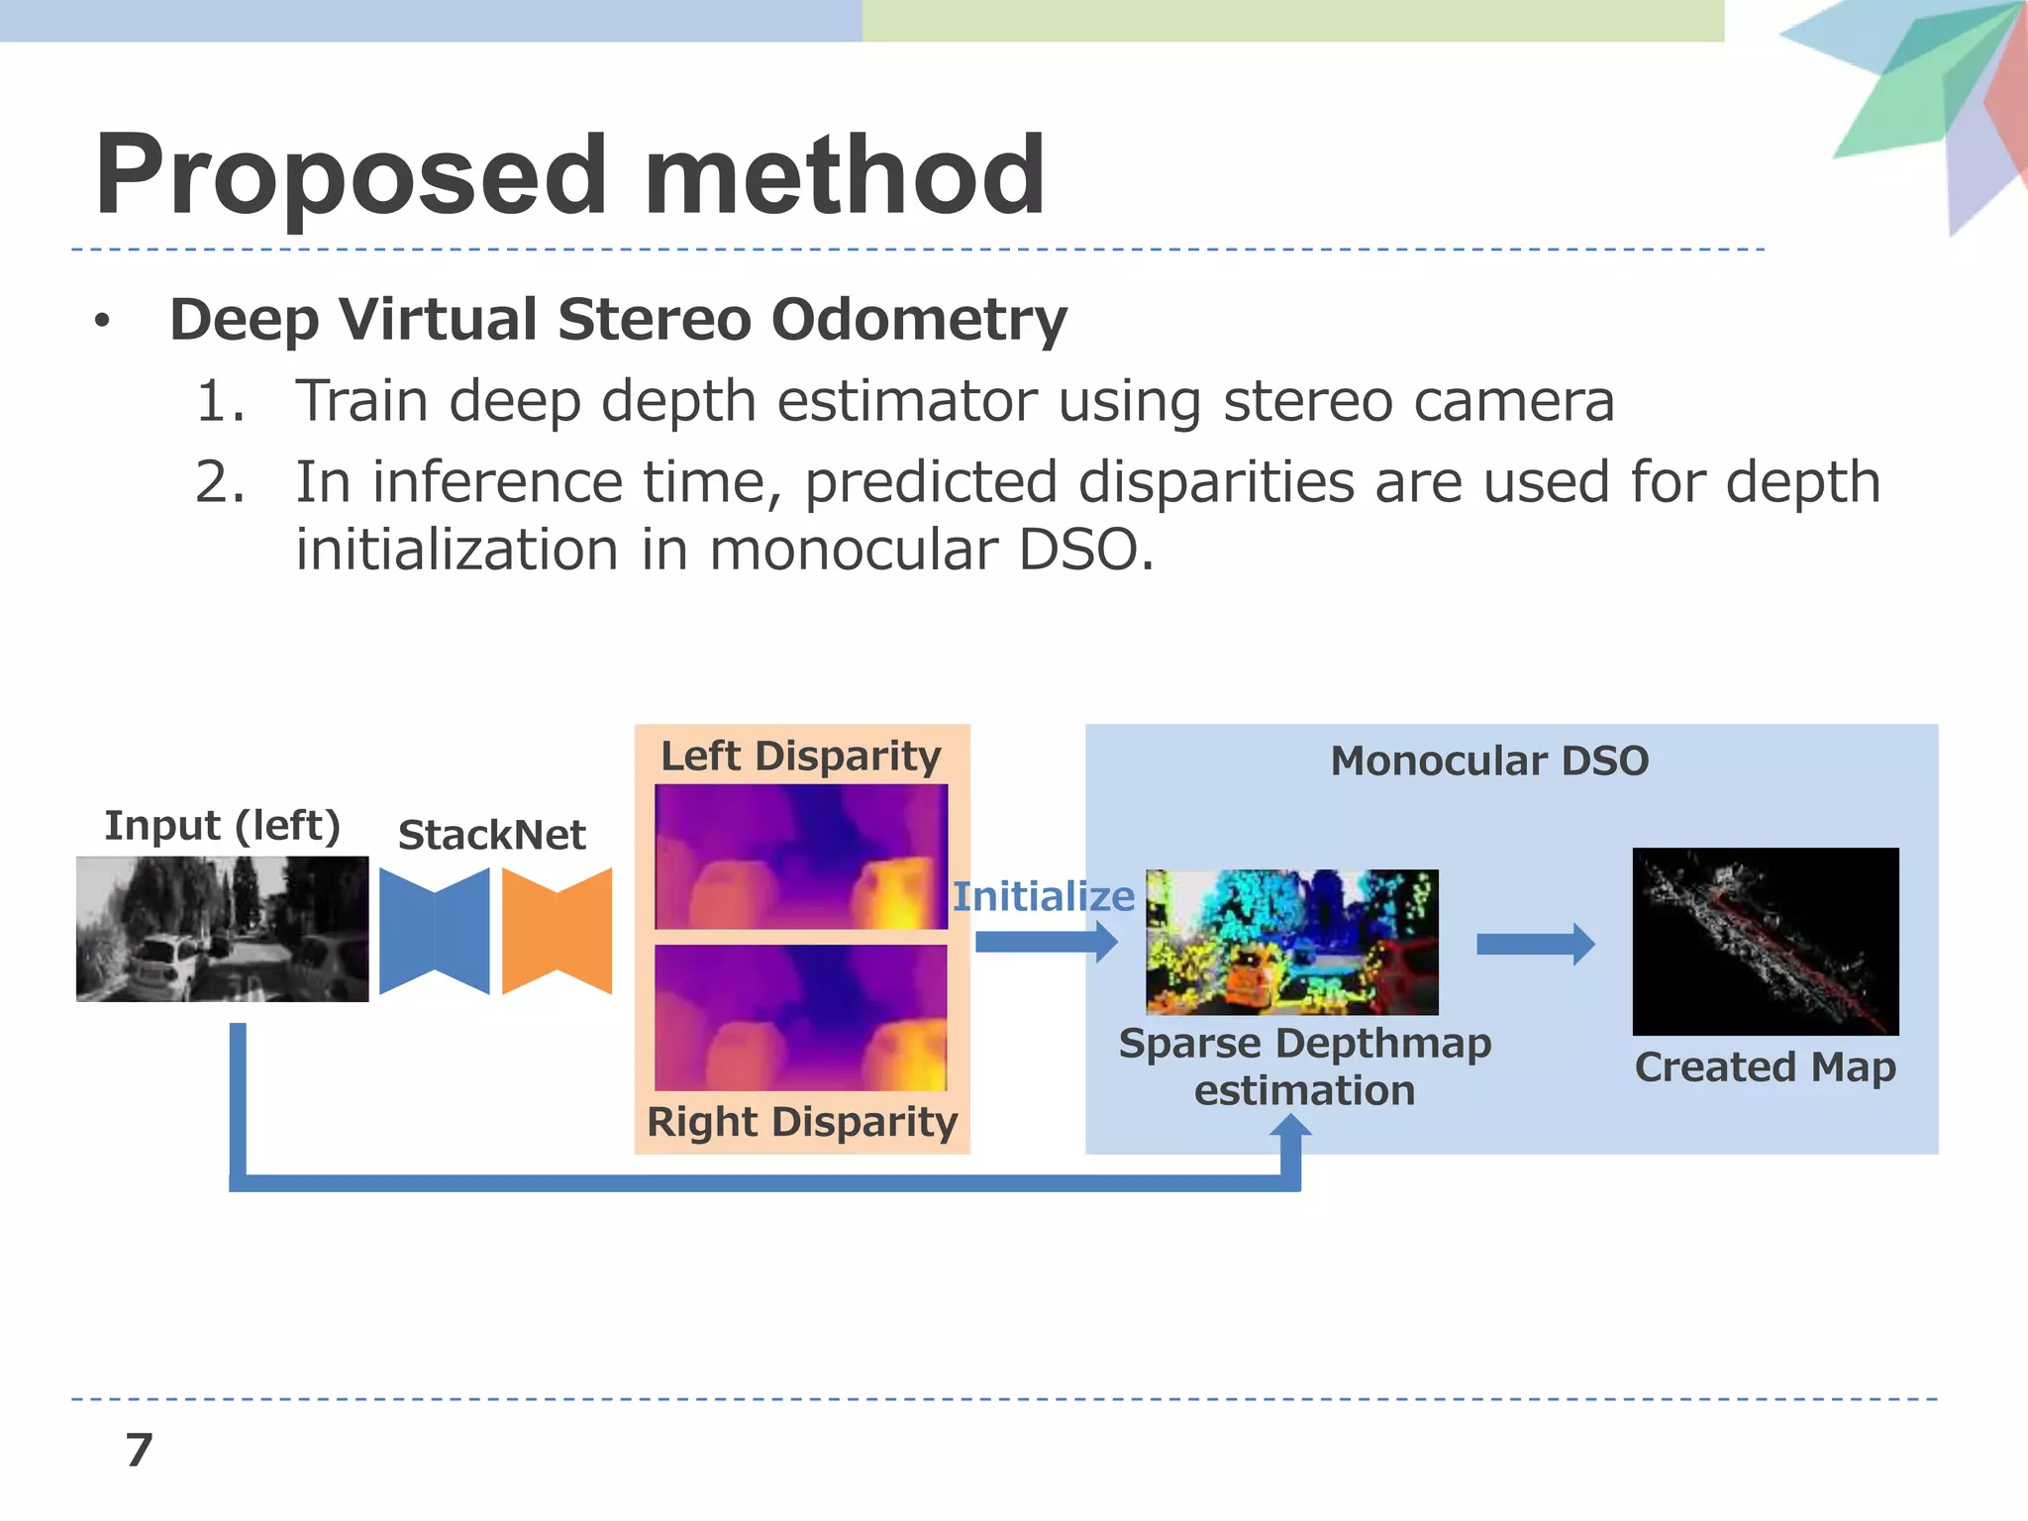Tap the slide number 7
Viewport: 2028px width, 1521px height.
pos(139,1451)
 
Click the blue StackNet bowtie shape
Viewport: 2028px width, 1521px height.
pos(434,931)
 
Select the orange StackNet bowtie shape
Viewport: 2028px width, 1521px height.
pos(557,931)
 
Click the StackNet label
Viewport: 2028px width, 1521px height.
pos(491,835)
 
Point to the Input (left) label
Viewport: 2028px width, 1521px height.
pos(222,825)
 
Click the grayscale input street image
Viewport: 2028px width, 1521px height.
pos(222,929)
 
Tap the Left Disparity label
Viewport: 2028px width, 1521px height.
pos(800,756)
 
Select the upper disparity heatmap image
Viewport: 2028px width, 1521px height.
pos(800,857)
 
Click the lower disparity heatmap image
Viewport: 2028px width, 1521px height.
pos(800,1017)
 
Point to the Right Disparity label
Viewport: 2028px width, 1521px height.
pos(801,1122)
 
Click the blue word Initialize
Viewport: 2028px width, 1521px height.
pos(1043,896)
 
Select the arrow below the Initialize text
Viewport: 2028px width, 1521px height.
pos(1046,942)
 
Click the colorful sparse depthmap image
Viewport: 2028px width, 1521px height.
pos(1291,942)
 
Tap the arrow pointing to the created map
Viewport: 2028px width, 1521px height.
pos(1535,944)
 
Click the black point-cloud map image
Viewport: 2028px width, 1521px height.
pos(1765,941)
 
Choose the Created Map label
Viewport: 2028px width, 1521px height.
pos(1765,1067)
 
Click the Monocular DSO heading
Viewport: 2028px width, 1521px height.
pos(1489,760)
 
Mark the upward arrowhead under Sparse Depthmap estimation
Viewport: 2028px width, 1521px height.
pos(1291,1127)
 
